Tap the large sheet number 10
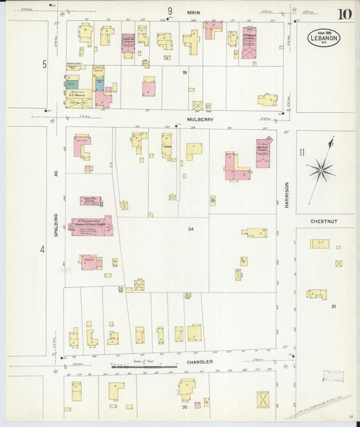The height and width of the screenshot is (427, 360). [344, 14]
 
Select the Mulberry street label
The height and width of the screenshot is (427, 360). [200, 119]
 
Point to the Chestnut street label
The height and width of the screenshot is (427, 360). [323, 220]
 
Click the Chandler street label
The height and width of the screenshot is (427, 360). [199, 361]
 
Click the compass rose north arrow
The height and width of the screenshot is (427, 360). [320, 169]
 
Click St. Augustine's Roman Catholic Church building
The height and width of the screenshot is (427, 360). [91, 225]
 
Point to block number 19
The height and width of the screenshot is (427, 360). [184, 72]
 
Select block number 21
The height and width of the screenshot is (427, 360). [333, 306]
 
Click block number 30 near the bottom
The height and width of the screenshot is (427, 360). [184, 407]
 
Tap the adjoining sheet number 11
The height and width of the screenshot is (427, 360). [303, 153]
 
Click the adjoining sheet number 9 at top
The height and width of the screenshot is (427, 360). [170, 11]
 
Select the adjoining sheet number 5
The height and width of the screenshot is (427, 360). [45, 64]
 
